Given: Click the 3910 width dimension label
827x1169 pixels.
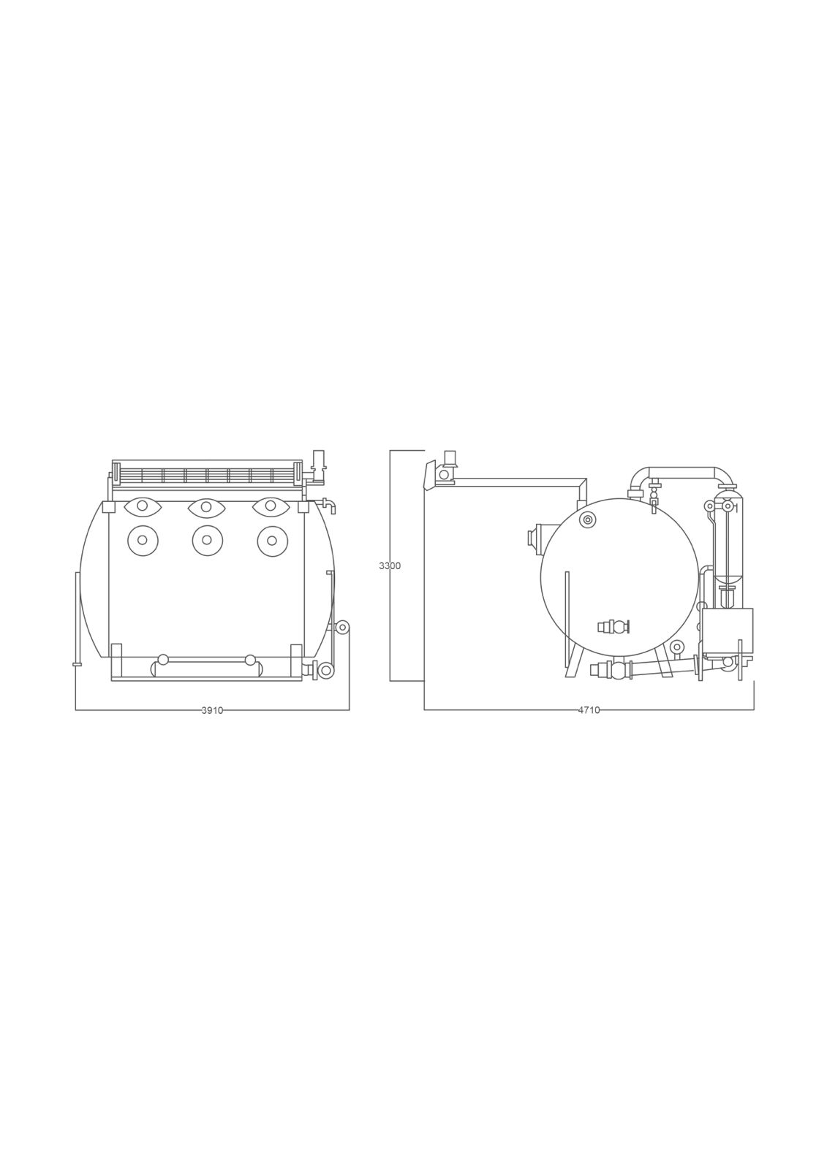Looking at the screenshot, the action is pos(212,710).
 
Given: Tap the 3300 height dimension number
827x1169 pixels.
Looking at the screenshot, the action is pos(390,566).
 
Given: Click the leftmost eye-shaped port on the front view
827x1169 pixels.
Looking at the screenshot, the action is pos(142,506).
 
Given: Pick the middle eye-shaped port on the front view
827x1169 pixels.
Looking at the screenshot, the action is pos(205,506).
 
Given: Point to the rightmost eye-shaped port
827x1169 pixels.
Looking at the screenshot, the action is pos(270,506).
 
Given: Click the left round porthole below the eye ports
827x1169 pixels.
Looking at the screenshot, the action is pos(142,540).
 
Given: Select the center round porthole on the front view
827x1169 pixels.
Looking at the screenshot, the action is pos(207,540).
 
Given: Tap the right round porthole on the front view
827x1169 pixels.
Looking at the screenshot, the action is pos(272,540).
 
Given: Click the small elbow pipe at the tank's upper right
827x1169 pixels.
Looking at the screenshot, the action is pos(329,505).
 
